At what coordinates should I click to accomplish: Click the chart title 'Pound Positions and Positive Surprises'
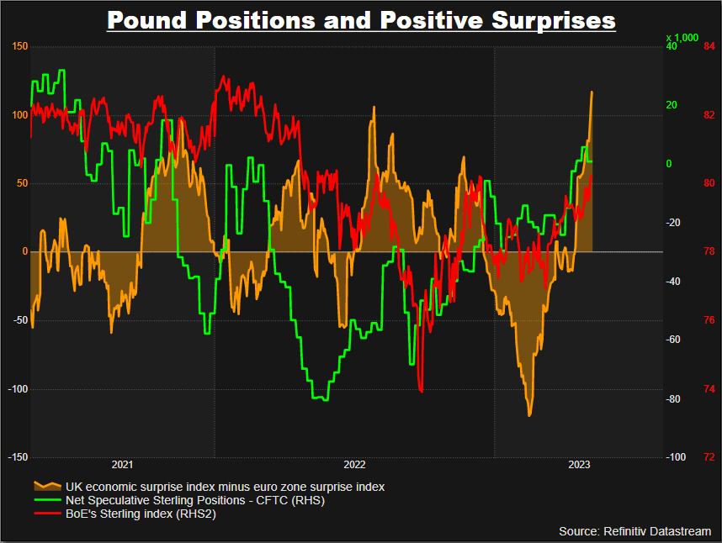click(x=361, y=19)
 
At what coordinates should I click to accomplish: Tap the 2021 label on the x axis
click(x=122, y=465)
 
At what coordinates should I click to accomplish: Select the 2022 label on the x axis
click(x=354, y=465)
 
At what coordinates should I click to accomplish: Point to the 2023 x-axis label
click(x=579, y=465)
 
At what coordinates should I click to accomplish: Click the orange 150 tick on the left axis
click(x=19, y=46)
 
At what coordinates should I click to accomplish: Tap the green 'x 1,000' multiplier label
click(x=682, y=38)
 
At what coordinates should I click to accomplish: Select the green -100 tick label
click(x=675, y=457)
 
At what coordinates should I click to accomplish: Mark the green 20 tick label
click(x=672, y=105)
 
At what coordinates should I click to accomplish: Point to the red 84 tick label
click(x=709, y=46)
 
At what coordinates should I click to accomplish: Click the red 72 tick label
click(x=709, y=457)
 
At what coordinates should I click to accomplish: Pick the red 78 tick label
click(x=709, y=251)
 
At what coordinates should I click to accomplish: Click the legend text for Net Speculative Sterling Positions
click(x=194, y=500)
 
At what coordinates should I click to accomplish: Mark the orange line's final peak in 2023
click(x=592, y=92)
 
